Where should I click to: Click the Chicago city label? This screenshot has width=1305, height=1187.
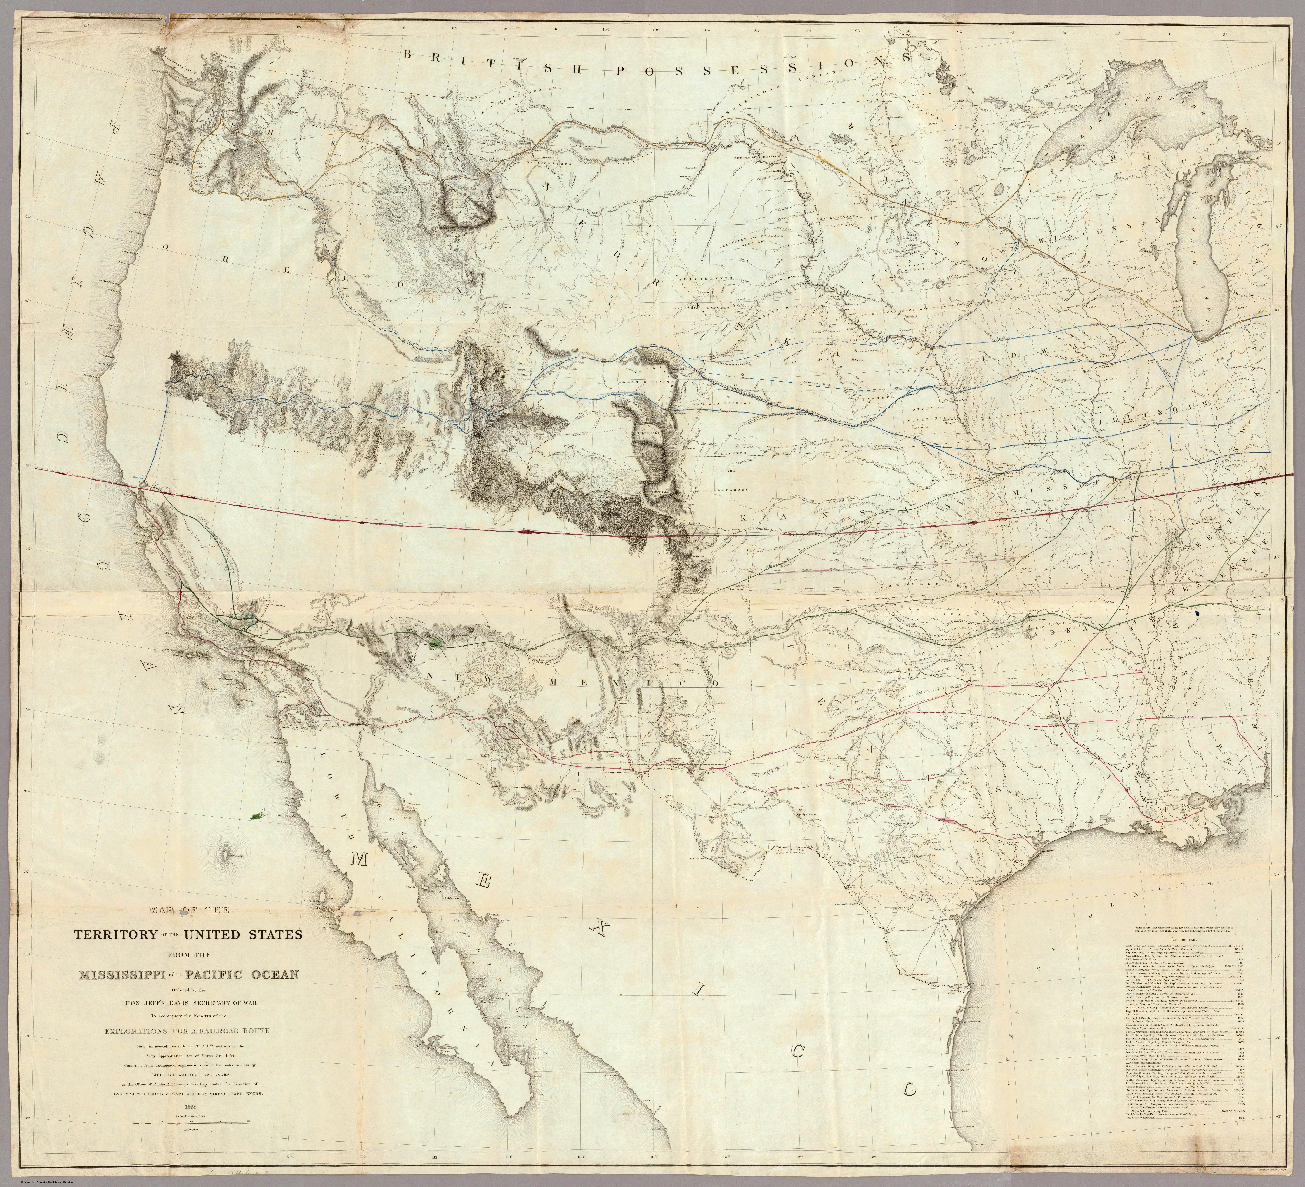[1191, 333]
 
